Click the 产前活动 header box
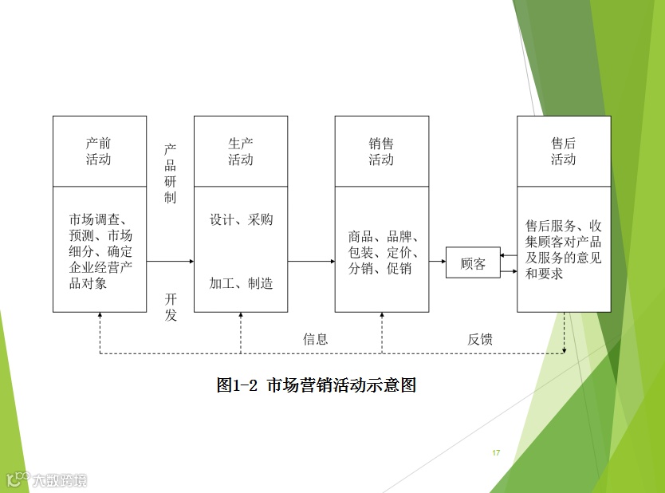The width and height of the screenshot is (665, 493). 99,151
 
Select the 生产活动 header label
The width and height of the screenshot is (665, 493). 241,151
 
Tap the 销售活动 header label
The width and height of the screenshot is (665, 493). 381,151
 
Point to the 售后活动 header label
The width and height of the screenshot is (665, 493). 563,151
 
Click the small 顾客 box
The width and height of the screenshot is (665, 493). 473,262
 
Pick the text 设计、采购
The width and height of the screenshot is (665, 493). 241,219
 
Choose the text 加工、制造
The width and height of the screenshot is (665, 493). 241,283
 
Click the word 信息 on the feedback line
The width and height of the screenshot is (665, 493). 315,339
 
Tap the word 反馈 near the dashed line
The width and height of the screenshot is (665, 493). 480,339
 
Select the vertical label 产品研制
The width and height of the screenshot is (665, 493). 170,174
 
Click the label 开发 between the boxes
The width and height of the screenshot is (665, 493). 170,306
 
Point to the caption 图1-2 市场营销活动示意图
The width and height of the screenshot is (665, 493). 317,385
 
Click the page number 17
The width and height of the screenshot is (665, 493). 496,453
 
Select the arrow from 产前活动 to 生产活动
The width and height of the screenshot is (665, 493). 170,261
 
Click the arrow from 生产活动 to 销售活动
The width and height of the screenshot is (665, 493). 311,261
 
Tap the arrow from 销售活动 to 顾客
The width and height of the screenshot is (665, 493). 437,261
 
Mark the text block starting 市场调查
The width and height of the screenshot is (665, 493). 100,250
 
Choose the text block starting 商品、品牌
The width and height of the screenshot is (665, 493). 381,252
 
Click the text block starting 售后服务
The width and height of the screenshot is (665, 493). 563,249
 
